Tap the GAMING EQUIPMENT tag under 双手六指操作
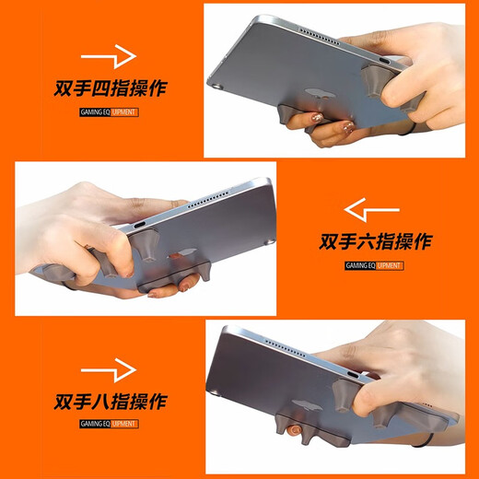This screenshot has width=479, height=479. point(373,265)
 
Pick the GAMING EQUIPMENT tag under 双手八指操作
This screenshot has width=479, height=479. point(108,424)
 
